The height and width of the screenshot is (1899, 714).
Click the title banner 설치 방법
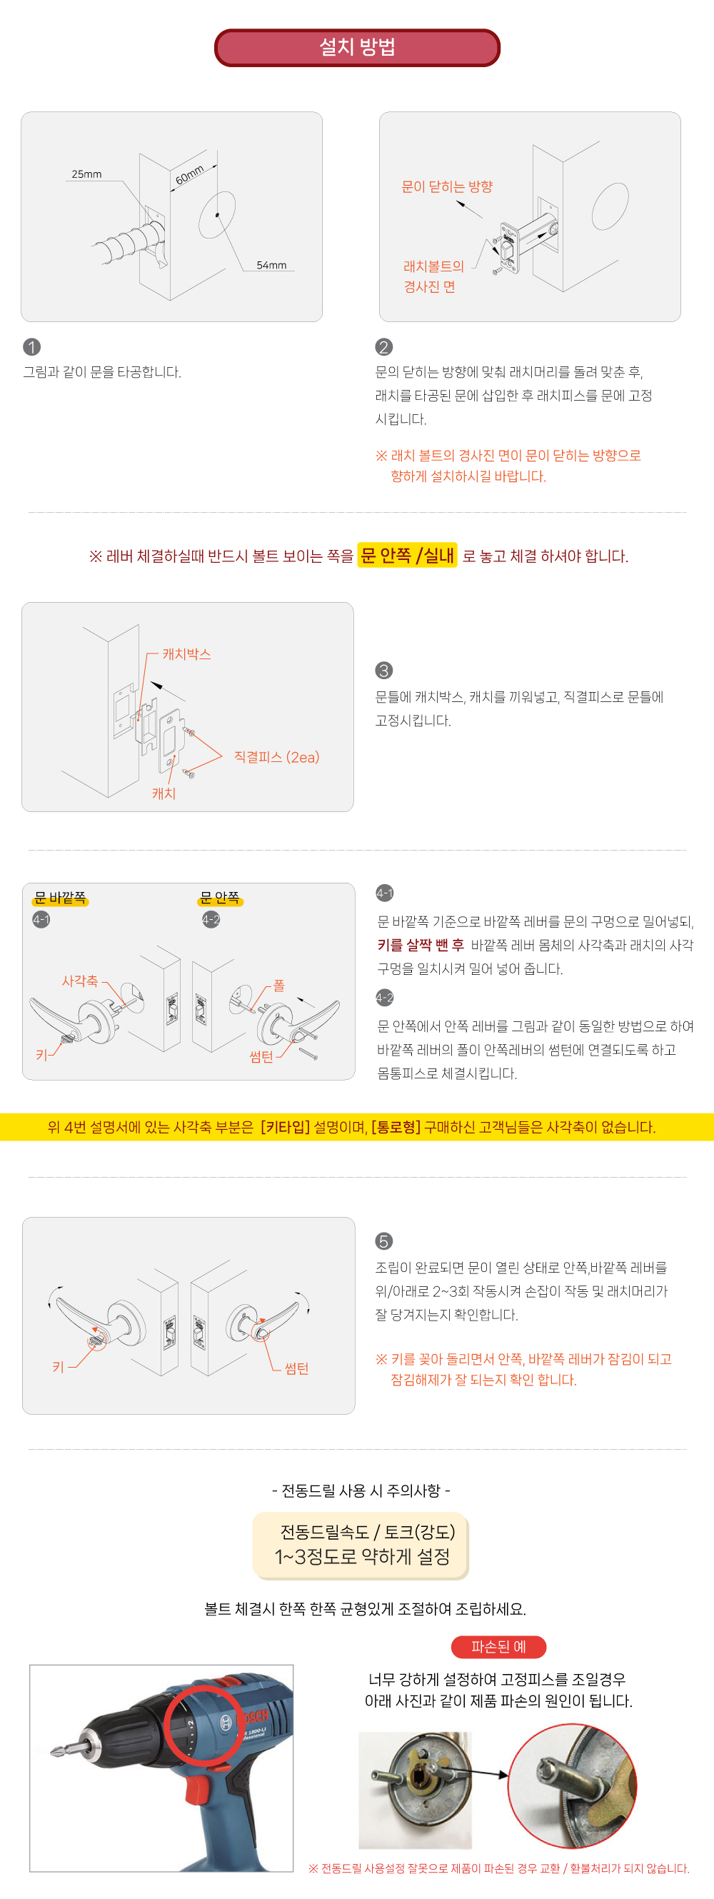[x=358, y=48]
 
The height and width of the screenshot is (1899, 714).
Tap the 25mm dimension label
[x=87, y=174]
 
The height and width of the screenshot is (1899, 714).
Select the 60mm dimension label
[x=189, y=175]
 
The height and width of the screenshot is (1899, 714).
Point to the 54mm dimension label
[x=271, y=265]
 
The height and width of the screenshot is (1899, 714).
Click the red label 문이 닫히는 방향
[x=446, y=186]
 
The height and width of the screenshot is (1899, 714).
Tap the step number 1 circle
[x=31, y=346]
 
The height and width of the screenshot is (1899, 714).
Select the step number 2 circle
[x=384, y=346]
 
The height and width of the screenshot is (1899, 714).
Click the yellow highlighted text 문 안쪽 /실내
[x=408, y=555]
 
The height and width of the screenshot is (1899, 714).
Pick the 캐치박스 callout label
[x=186, y=654]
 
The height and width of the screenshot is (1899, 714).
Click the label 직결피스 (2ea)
[x=276, y=757]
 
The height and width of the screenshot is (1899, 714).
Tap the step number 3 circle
[x=384, y=670]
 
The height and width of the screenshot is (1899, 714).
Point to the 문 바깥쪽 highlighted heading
[x=61, y=897]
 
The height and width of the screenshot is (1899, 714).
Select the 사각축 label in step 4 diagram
[x=79, y=981]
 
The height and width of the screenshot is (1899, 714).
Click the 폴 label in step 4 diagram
[x=278, y=985]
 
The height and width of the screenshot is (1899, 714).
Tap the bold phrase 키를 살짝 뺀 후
[x=421, y=945]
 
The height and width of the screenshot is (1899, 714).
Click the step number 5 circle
[x=384, y=1241]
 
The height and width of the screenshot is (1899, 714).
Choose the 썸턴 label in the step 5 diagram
[x=296, y=1368]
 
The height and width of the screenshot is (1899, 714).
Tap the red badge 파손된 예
[x=499, y=1647]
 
